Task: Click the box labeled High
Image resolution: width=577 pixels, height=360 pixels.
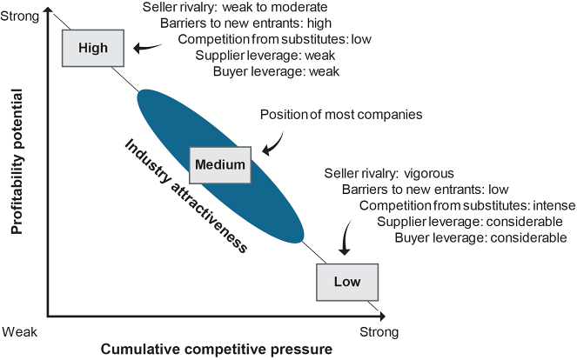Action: (x=93, y=48)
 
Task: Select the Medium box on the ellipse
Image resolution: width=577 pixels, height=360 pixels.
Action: (x=221, y=163)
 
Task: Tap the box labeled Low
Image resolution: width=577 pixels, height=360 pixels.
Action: (x=347, y=281)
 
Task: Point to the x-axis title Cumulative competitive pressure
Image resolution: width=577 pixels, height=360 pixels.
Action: (x=217, y=350)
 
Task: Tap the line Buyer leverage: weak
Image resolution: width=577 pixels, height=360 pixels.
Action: (x=276, y=71)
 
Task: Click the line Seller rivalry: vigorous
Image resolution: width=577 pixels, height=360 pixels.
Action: (x=388, y=173)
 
